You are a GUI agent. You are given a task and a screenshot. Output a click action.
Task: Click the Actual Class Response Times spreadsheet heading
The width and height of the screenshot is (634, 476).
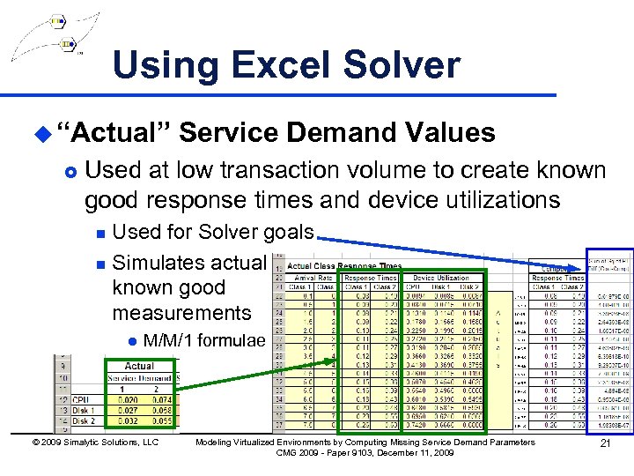[344, 265]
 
